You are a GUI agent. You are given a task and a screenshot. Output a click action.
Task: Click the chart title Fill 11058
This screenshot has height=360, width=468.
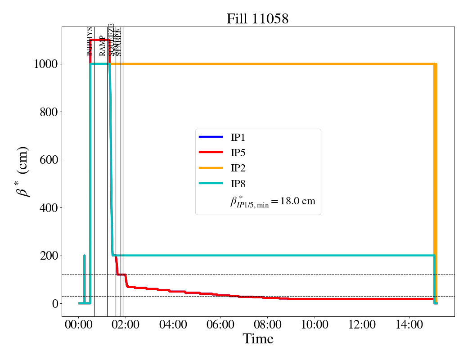click(257, 18)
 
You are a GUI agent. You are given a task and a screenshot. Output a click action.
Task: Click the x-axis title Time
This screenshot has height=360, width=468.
click(258, 339)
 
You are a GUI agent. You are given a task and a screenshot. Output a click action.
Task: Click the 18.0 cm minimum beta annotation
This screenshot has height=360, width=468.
click(273, 201)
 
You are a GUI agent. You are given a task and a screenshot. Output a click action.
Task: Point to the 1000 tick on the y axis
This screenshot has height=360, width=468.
click(45, 64)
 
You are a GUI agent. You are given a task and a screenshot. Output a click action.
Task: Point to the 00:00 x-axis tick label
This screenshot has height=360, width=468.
click(79, 324)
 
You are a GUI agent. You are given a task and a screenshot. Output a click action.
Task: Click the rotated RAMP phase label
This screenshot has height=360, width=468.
click(103, 45)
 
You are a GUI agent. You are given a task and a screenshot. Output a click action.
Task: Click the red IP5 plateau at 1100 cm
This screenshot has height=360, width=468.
click(100, 40)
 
